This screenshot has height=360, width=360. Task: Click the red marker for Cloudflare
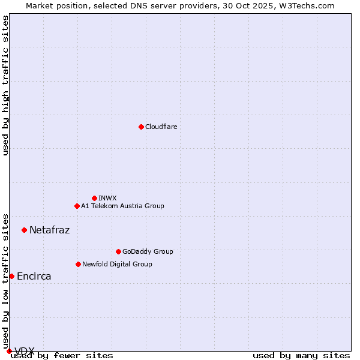(141, 127)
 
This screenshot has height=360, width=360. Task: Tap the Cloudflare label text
(161, 127)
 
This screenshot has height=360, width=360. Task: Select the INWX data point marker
(94, 198)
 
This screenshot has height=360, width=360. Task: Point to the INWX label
(107, 198)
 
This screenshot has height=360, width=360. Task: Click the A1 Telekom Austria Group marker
(77, 206)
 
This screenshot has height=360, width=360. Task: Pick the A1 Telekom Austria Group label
(122, 206)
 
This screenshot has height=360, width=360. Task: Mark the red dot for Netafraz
(24, 230)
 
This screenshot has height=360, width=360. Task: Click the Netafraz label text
(49, 230)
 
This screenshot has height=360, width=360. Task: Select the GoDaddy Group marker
(118, 251)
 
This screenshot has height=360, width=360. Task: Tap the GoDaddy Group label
(148, 251)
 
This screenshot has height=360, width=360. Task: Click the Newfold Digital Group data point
(78, 264)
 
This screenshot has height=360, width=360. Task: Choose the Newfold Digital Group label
(117, 264)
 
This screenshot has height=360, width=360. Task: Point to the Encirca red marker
(11, 276)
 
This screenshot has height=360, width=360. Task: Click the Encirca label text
(34, 276)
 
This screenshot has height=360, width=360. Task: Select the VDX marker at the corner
(9, 351)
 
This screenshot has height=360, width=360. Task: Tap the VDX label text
(25, 351)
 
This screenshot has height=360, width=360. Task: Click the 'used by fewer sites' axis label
(62, 356)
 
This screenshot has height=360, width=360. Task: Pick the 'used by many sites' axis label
(301, 356)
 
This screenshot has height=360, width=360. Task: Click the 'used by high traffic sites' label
(6, 85)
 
